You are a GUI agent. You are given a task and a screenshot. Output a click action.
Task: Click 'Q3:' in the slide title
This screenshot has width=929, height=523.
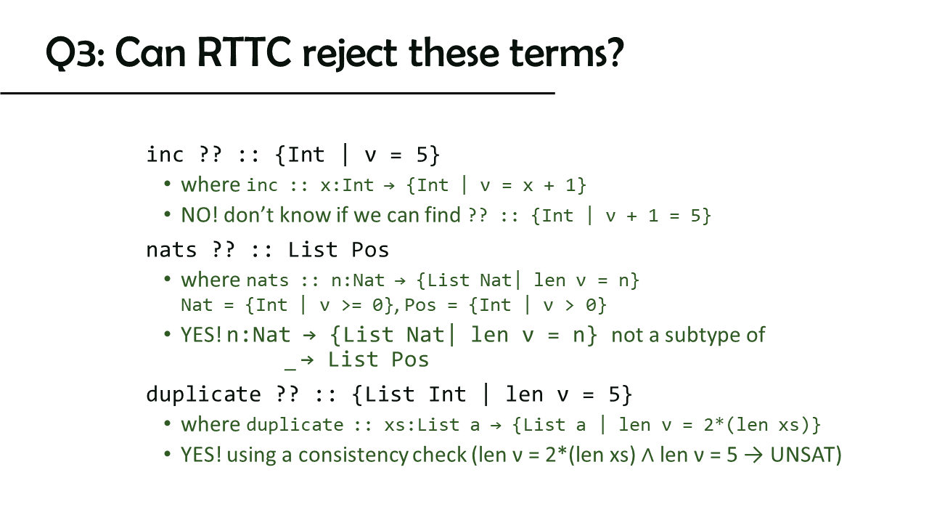75,53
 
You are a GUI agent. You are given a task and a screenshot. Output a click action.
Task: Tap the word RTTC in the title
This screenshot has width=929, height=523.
245,53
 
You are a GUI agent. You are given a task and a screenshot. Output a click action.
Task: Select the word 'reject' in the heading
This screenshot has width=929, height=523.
351,54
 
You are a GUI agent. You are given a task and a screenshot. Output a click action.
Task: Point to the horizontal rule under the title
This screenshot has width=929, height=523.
277,94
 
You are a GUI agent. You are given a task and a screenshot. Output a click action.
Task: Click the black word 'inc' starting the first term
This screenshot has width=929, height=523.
165,155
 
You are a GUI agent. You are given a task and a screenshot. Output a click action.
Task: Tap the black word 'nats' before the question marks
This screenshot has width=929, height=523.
171,250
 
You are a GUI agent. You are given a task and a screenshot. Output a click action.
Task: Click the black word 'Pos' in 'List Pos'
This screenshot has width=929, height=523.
370,250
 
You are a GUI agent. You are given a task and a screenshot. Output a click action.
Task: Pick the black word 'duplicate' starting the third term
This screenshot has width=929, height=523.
204,394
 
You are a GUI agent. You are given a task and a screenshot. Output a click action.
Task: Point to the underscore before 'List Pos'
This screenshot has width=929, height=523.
290,368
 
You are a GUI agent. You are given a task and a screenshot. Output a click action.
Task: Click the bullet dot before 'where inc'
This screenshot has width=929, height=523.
167,184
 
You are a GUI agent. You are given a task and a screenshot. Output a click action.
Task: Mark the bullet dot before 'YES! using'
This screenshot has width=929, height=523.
167,454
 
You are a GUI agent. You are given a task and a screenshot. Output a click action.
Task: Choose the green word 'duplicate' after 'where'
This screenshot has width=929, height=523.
295,425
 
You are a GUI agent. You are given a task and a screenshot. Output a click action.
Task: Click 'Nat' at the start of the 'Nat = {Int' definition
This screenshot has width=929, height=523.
197,305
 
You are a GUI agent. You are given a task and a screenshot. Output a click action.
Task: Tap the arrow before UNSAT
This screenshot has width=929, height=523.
753,455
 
